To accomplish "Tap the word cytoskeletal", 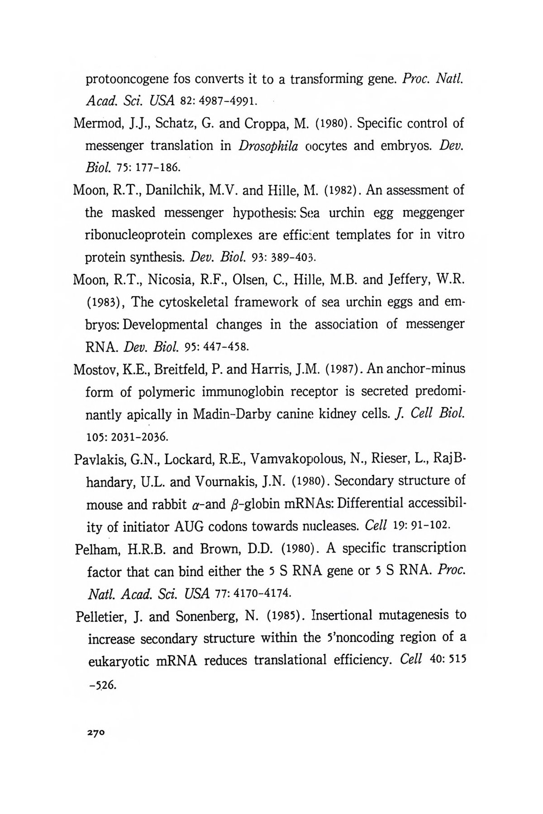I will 188,302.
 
